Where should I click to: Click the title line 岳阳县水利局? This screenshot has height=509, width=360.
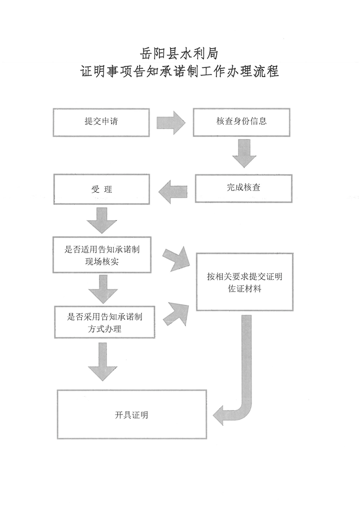click(x=180, y=54)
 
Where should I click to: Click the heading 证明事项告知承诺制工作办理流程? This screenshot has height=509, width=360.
click(x=180, y=72)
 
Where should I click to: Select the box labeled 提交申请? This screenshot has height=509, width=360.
click(x=101, y=122)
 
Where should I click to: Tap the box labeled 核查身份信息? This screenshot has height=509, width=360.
click(x=242, y=122)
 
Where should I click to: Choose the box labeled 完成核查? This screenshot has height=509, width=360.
click(x=244, y=187)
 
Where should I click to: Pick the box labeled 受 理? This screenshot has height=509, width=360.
click(x=102, y=189)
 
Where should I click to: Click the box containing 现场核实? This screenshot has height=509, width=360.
click(x=102, y=255)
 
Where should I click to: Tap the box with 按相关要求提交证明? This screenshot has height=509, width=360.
click(x=244, y=281)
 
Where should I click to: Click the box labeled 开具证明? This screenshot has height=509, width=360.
click(x=132, y=414)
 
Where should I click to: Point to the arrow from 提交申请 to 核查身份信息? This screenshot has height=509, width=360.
click(x=171, y=122)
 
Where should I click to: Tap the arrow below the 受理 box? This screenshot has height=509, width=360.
click(x=102, y=219)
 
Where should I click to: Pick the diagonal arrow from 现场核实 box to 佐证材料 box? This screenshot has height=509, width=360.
click(x=176, y=258)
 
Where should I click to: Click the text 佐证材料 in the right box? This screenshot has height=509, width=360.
click(x=244, y=289)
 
